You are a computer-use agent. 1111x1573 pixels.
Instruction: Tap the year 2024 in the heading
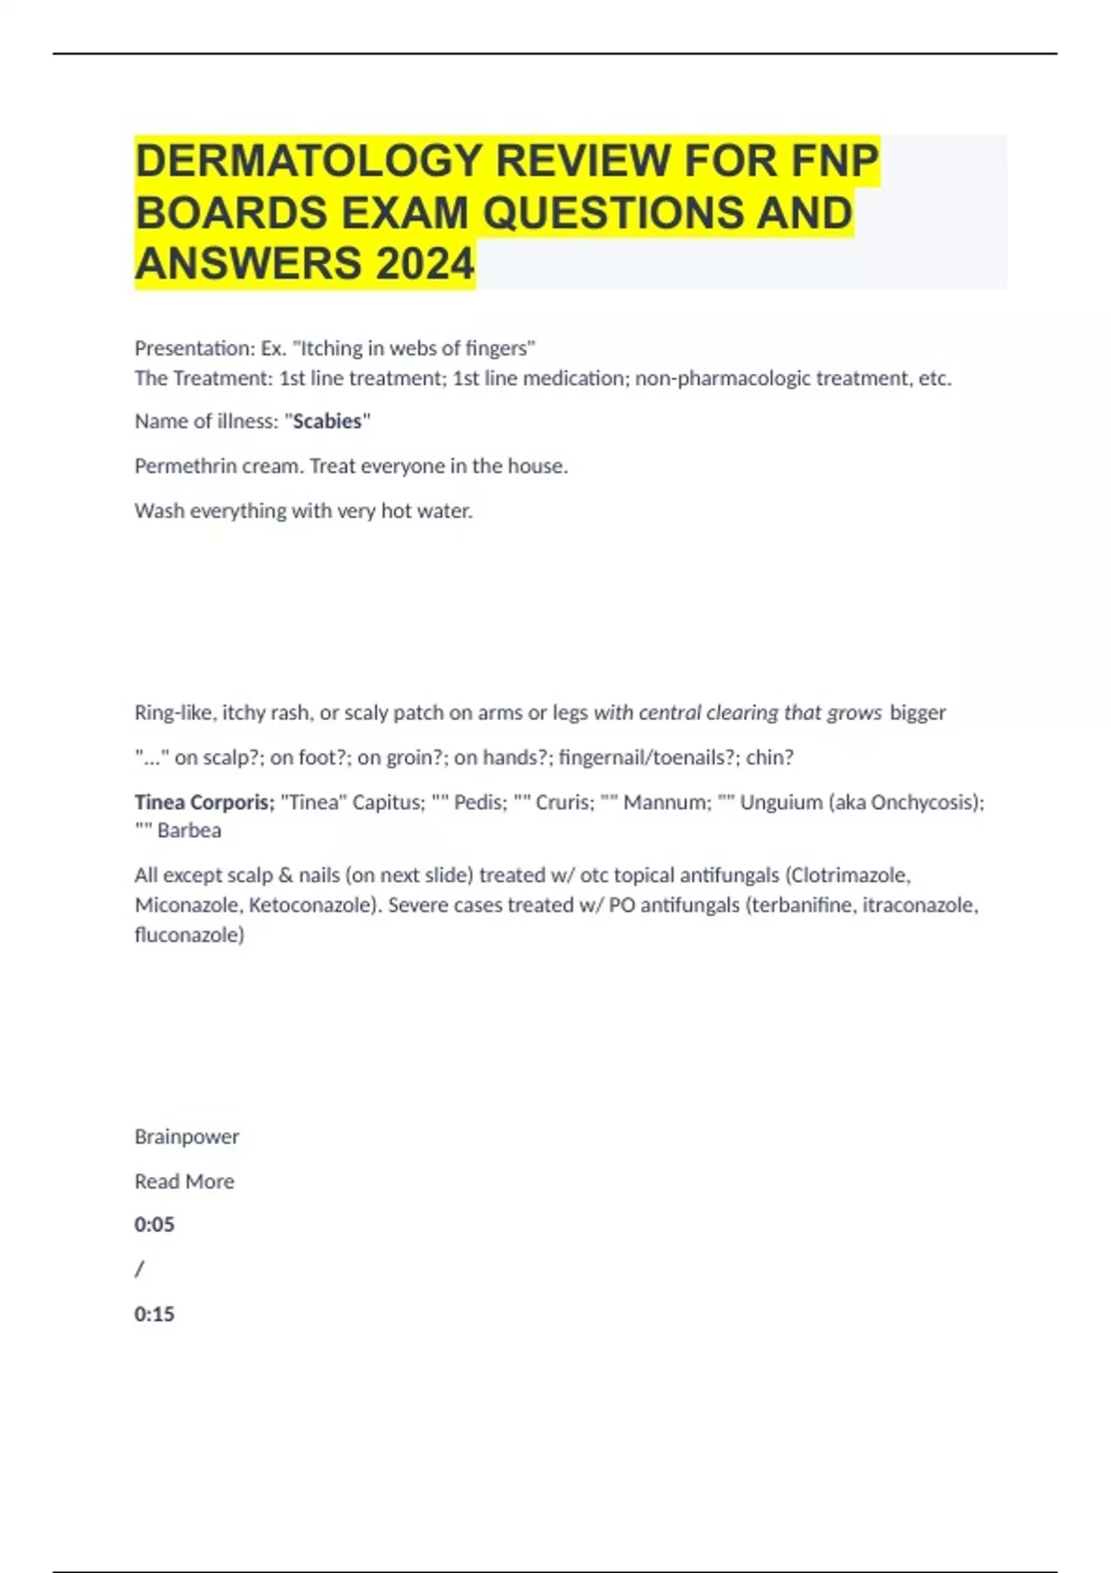point(425,264)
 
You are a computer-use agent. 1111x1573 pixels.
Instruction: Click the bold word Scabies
point(327,421)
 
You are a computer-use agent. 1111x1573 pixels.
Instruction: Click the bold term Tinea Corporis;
point(204,802)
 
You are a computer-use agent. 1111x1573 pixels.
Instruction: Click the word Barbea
point(189,831)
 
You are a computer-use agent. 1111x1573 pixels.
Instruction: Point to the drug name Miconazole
point(187,905)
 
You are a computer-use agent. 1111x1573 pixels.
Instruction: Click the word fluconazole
point(189,935)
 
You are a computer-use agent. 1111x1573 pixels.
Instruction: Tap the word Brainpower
point(186,1136)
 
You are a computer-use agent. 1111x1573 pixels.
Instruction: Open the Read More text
point(184,1182)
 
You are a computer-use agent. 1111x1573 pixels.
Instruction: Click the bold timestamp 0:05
point(154,1225)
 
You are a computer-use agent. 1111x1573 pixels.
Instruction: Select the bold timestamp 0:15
point(154,1314)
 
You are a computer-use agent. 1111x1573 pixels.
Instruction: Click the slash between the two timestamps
point(139,1270)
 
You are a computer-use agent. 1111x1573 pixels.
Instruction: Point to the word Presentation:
point(194,349)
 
